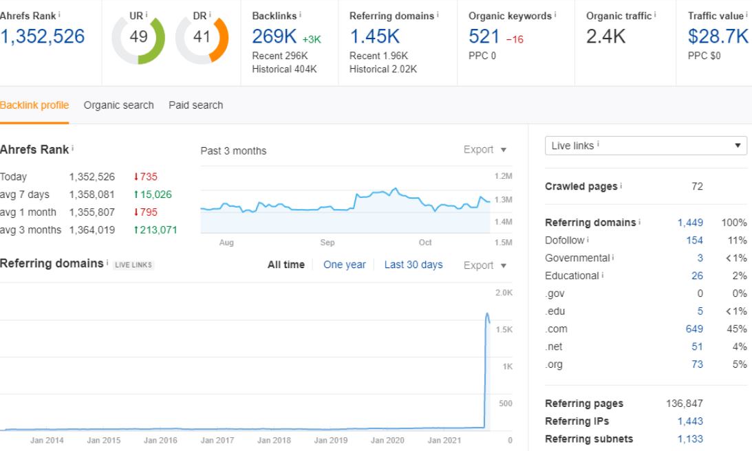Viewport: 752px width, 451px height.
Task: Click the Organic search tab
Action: point(118,105)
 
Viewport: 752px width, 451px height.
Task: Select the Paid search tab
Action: point(195,105)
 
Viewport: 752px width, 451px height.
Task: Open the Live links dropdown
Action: point(645,146)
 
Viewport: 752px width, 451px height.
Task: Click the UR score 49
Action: point(138,36)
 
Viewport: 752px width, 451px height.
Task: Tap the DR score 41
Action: point(202,36)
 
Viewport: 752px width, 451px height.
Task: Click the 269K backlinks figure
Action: point(275,36)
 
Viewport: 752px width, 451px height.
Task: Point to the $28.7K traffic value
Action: point(718,36)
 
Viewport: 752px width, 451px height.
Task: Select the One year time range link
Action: point(344,265)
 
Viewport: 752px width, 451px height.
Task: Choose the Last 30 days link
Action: point(413,265)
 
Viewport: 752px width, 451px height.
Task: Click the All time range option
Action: point(286,265)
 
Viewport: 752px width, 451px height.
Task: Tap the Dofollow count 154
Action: point(694,240)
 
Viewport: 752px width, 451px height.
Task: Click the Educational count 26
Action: point(698,276)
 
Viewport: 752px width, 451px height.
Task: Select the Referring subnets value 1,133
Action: point(690,439)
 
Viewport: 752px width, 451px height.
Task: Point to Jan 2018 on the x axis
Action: point(274,440)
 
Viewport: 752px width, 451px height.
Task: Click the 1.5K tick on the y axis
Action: point(504,329)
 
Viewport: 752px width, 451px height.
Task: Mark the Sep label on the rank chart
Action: point(327,243)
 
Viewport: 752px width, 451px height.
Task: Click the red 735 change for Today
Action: point(145,177)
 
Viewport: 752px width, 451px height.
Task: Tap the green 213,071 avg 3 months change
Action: point(155,230)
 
